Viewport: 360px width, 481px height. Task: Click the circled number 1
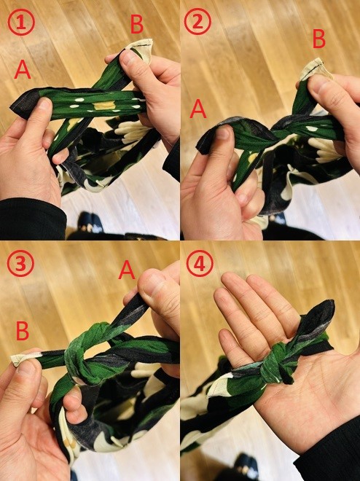[21, 23]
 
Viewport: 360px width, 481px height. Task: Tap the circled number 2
[197, 23]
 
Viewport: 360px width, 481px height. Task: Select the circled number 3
[20, 264]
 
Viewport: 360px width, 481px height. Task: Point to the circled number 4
[200, 264]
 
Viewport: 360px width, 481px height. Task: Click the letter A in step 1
[23, 69]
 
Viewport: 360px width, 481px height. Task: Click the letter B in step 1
[137, 24]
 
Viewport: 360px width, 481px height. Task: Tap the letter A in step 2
[197, 109]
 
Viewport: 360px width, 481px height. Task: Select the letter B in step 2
[319, 39]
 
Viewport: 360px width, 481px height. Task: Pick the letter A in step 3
[127, 270]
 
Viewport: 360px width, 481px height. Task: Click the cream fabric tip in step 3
[24, 358]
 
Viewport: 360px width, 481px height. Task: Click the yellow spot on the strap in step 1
[104, 106]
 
